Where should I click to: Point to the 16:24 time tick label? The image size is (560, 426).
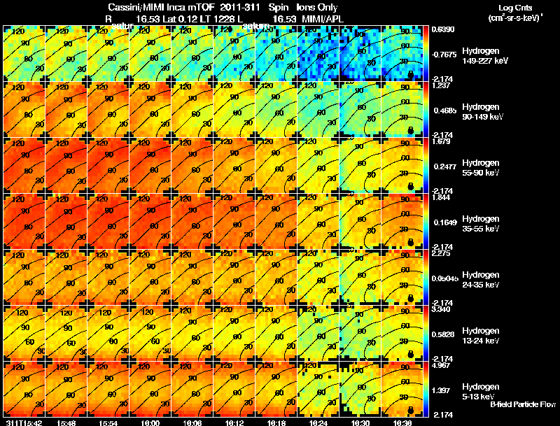tap(318, 423)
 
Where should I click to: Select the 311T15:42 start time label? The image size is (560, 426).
tap(23, 423)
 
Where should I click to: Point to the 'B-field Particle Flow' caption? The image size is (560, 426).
tap(523, 404)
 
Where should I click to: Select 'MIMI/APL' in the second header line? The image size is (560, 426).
tap(318, 17)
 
